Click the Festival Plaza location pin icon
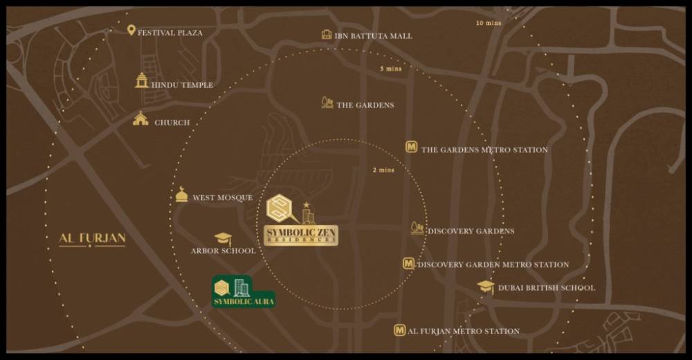coord(131,30)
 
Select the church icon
coord(140,119)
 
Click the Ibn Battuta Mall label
coord(374,35)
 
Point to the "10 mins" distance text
coord(489,23)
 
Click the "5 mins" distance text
coord(391,69)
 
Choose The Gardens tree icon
coord(327,102)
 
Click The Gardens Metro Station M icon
coord(412,147)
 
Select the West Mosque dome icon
coord(181,195)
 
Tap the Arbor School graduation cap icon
coord(223,240)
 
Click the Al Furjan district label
coord(92,239)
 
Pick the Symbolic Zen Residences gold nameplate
coord(301,235)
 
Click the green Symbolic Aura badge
coord(244,291)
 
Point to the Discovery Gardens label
coord(471,231)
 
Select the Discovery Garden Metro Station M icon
coord(408,263)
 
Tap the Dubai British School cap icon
coord(486,287)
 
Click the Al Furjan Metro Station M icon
coord(399,330)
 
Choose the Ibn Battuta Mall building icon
coord(327,35)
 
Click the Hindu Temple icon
coord(142,80)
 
